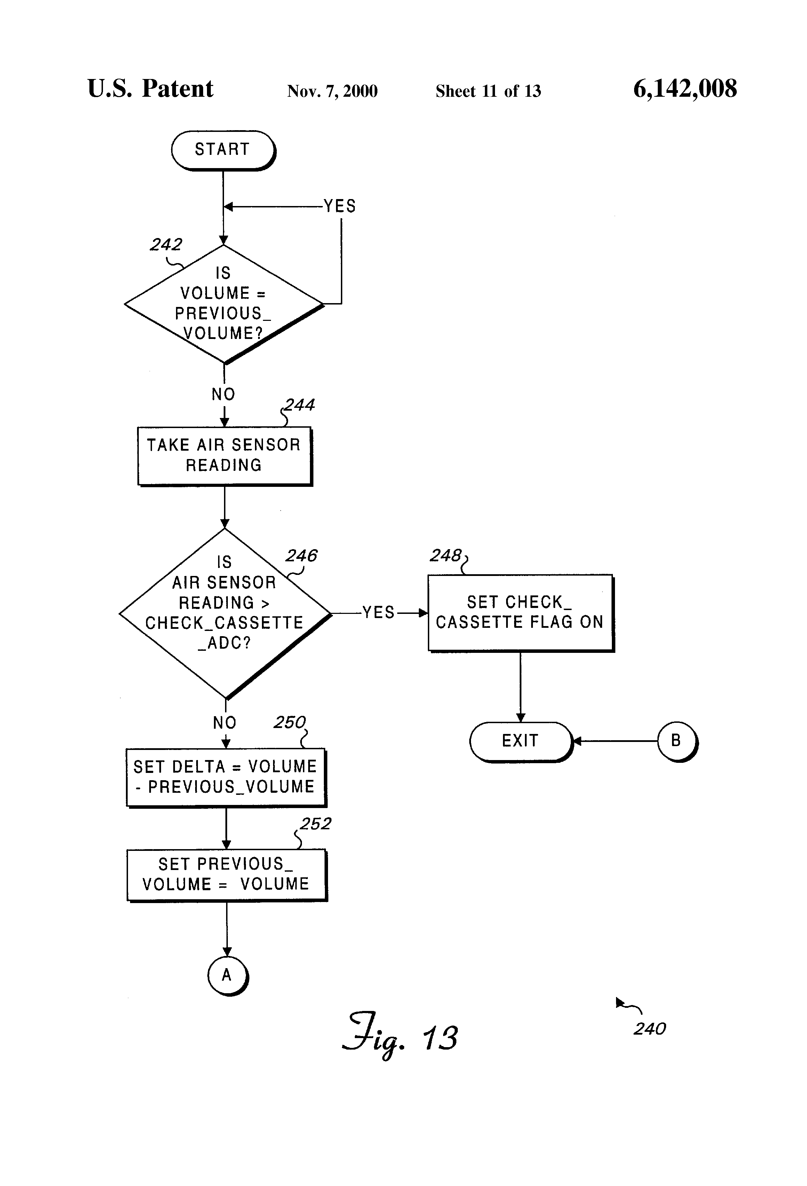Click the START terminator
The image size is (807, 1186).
tap(223, 150)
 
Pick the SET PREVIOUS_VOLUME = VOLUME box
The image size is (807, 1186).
tap(226, 874)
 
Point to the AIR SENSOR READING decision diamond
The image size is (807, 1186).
tap(224, 612)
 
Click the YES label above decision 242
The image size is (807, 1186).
tap(340, 206)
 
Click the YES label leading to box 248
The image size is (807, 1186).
tap(378, 612)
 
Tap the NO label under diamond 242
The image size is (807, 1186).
tap(223, 394)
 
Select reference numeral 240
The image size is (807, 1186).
tap(649, 1029)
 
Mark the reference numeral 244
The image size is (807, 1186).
tap(299, 405)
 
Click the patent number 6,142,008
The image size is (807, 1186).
tap(685, 89)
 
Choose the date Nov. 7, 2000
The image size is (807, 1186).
tap(332, 91)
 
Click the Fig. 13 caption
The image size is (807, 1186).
tap(400, 1035)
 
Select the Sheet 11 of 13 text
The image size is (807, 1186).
tap(488, 91)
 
